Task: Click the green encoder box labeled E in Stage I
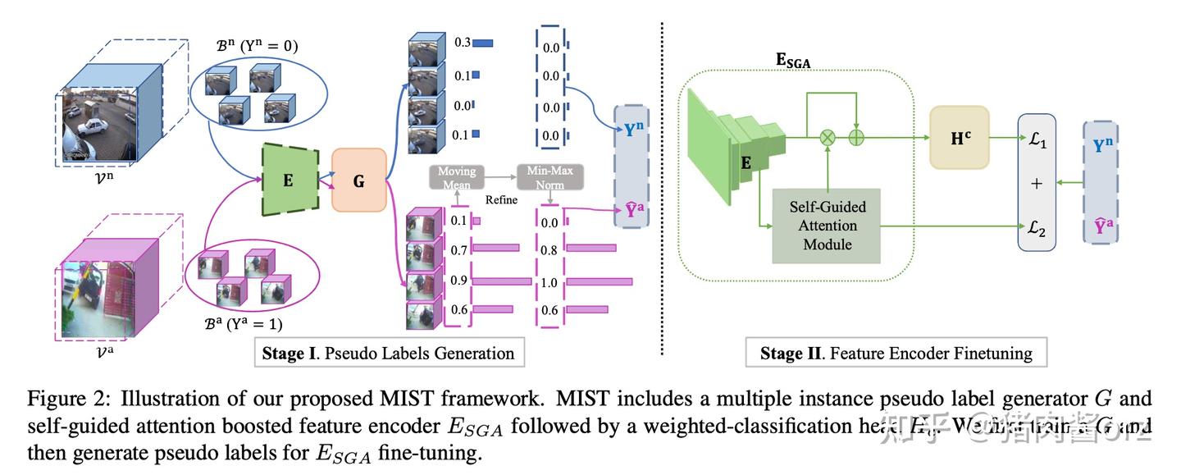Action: tap(288, 180)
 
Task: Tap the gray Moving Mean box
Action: tap(456, 177)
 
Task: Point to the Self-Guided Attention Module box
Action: tap(826, 225)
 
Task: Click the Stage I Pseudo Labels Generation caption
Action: tap(388, 354)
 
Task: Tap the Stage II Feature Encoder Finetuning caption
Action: tap(896, 354)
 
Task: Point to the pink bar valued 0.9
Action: tap(502, 281)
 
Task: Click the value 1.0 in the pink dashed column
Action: tap(549, 283)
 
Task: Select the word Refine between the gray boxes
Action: tap(500, 199)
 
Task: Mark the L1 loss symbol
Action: tap(1036, 142)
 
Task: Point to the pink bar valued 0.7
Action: tap(496, 247)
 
